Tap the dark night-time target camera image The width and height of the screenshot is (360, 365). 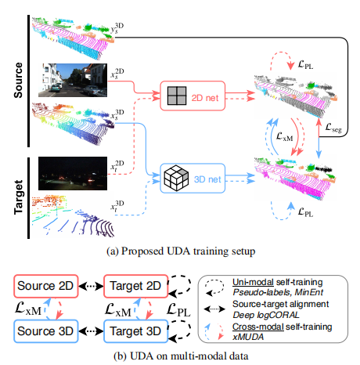point(70,174)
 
